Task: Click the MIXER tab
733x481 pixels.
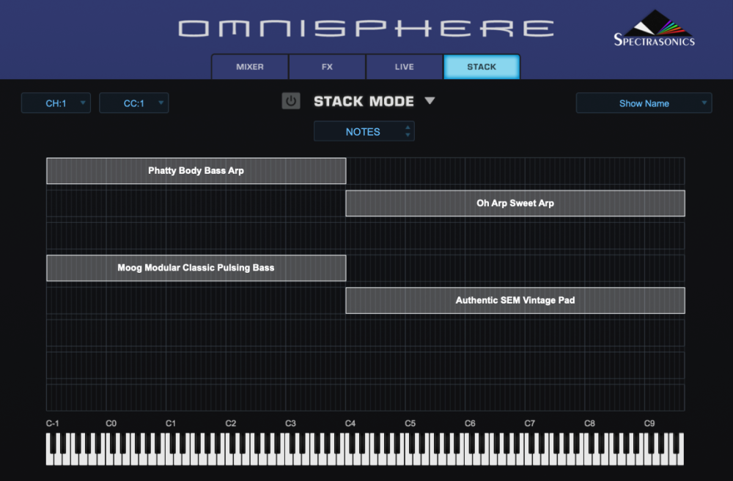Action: click(250, 67)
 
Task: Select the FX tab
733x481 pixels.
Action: click(327, 67)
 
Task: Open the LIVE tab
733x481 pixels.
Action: click(405, 67)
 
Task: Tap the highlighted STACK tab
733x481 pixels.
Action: click(482, 67)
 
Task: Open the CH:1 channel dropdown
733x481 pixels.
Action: click(56, 103)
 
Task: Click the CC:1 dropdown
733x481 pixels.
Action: click(133, 103)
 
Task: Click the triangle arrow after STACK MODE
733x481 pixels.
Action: click(430, 100)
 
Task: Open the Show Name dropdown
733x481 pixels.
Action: click(644, 103)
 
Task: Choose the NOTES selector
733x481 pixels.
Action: click(364, 131)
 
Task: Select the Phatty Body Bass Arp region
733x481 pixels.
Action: click(196, 171)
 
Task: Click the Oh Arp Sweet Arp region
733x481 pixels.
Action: click(515, 203)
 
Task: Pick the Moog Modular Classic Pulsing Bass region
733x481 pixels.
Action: click(196, 268)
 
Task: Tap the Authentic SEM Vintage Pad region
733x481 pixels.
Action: click(515, 301)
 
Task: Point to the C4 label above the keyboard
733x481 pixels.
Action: click(350, 423)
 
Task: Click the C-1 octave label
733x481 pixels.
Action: click(52, 423)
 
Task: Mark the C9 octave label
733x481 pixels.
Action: click(649, 423)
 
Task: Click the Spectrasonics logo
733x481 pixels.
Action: click(655, 28)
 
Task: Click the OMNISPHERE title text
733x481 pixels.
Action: click(366, 29)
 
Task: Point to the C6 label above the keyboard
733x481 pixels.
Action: click(470, 423)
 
